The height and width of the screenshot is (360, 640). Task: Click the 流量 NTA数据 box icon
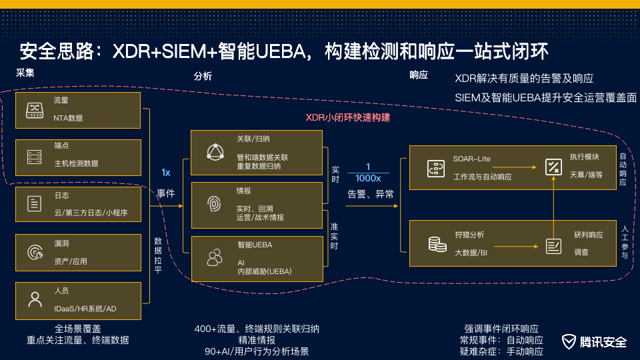click(x=34, y=110)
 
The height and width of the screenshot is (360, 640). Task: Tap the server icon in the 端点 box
click(x=34, y=157)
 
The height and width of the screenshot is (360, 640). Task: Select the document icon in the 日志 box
click(x=34, y=204)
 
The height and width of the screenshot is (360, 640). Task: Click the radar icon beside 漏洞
click(x=34, y=252)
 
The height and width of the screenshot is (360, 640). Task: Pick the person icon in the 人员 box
click(x=34, y=299)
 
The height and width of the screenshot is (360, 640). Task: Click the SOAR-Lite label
click(x=471, y=159)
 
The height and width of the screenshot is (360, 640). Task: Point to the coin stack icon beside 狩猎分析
click(x=437, y=244)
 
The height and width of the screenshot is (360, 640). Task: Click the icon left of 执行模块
click(x=553, y=167)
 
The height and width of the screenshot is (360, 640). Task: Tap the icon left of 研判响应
click(x=553, y=246)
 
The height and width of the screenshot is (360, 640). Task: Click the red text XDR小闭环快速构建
click(x=347, y=117)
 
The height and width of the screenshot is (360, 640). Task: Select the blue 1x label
click(x=165, y=173)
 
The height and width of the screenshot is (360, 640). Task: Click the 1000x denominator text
click(x=368, y=179)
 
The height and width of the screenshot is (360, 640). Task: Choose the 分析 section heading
click(x=203, y=76)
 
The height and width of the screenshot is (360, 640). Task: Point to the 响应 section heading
click(x=419, y=76)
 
